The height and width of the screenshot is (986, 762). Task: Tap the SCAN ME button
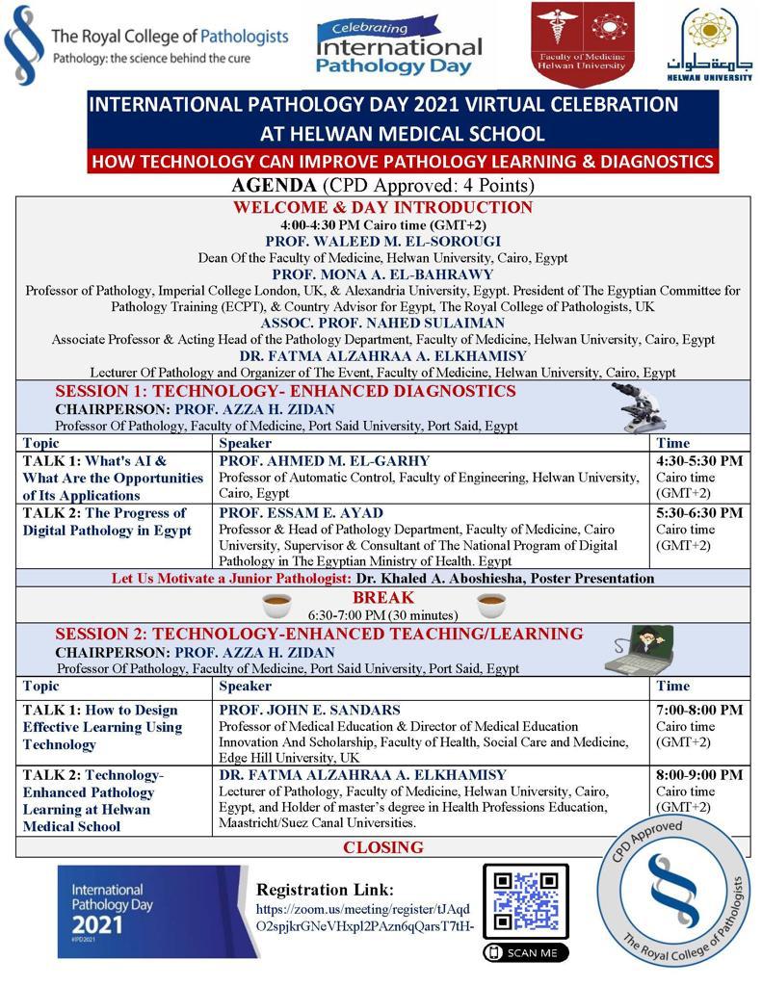point(525,952)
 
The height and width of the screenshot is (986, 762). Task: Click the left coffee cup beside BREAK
point(277,605)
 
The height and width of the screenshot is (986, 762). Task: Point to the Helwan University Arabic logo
point(718,43)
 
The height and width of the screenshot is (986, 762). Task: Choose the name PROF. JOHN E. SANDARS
point(309,711)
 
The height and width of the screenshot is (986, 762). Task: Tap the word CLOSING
point(383,847)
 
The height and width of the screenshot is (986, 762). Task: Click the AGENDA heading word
point(274,186)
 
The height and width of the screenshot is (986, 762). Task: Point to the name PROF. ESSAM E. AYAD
point(301,513)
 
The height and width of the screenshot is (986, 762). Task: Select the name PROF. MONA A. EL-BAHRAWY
point(382,274)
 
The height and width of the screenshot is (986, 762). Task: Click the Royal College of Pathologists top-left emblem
point(24,43)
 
